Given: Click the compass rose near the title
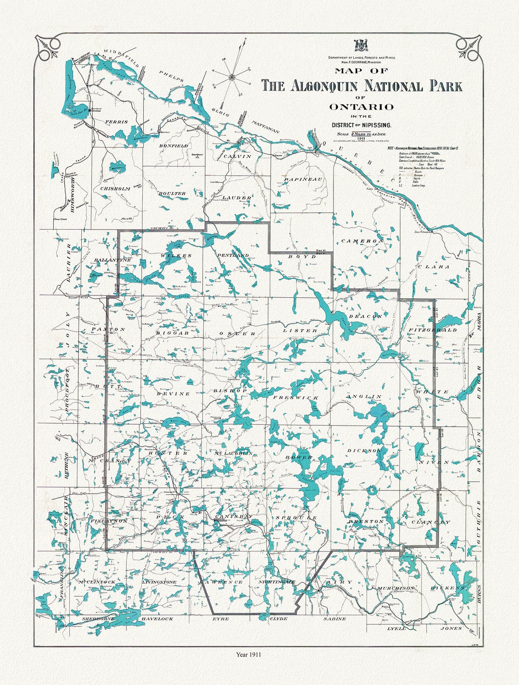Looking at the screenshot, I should tap(232, 76).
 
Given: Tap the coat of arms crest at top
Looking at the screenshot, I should tap(361, 46).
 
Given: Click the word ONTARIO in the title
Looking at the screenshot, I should tap(361, 107).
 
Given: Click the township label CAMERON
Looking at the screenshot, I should tap(362, 241).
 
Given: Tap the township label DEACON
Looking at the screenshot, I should tap(365, 316).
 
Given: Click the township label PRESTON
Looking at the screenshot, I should tap(366, 521).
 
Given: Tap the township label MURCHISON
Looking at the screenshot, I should tap(395, 588).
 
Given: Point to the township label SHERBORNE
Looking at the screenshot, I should tap(99, 619).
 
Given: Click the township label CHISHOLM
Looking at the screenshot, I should tap(115, 189).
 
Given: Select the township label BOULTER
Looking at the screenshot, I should tap(172, 193).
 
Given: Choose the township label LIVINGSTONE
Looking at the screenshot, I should tap(159, 582).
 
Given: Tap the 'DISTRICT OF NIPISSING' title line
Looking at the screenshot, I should tap(361, 125).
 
